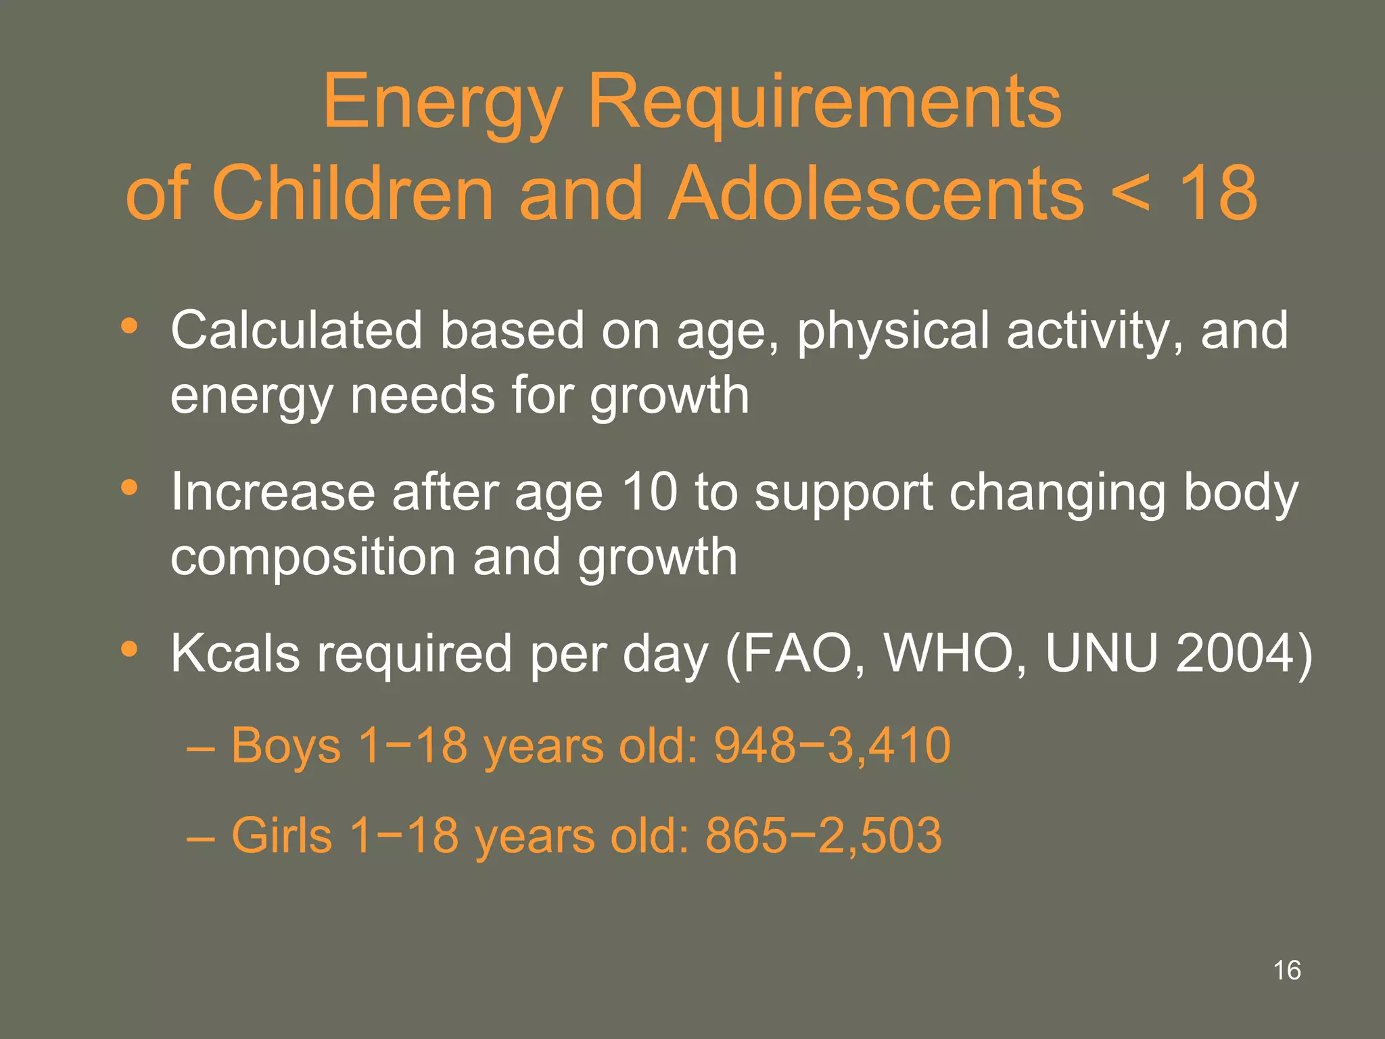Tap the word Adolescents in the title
[x=876, y=194]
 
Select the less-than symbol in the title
[x=1129, y=194]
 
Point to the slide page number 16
[x=1287, y=970]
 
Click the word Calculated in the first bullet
[x=296, y=331]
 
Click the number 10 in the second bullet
[x=649, y=492]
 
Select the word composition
[x=313, y=558]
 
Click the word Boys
[x=286, y=745]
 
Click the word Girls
[x=282, y=835]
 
